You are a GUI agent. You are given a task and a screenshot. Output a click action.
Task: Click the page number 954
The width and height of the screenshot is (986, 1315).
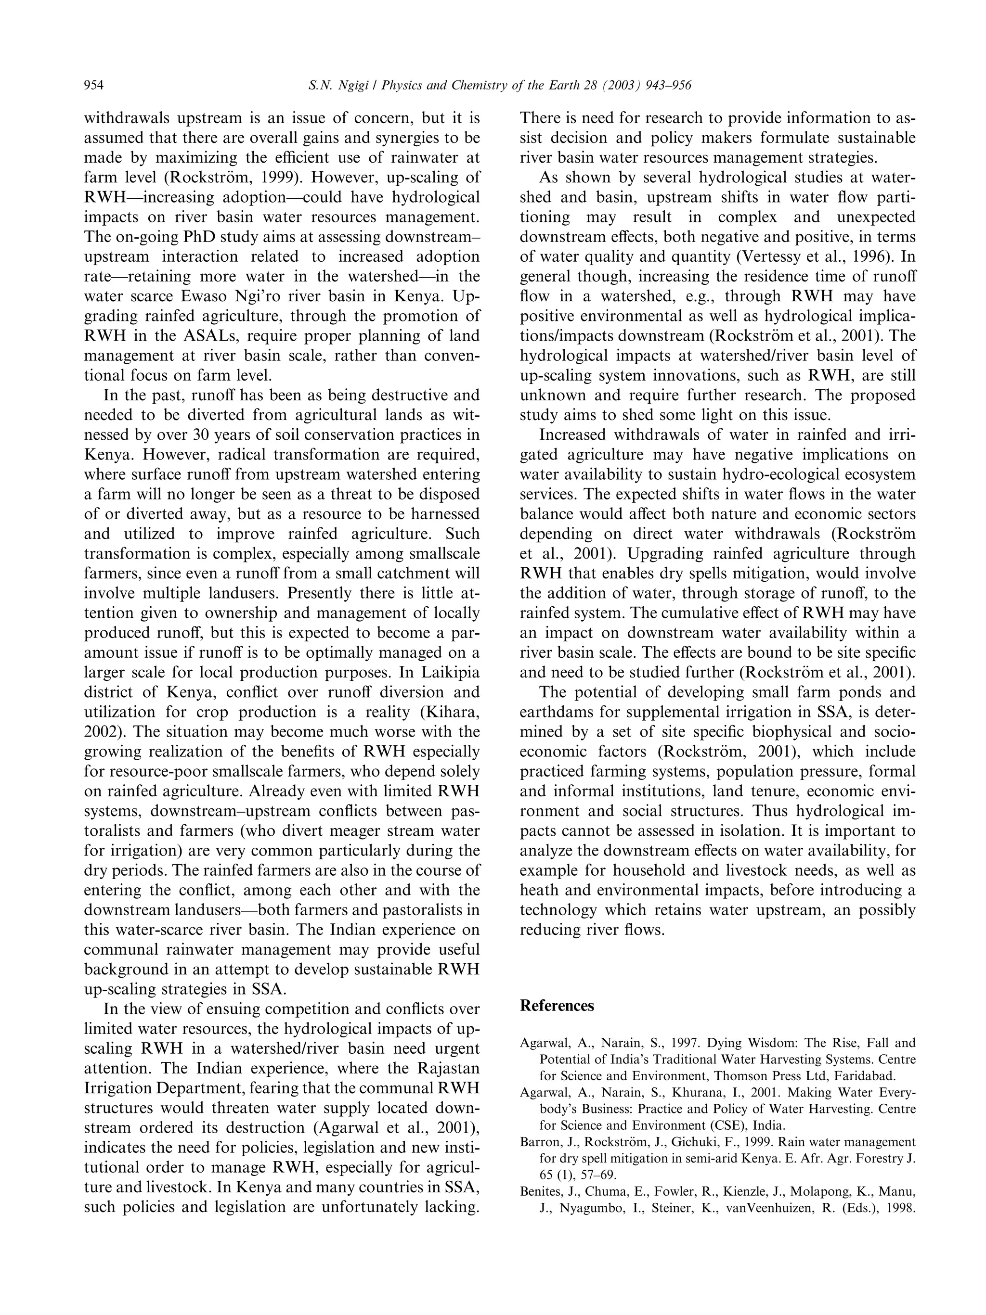(94, 86)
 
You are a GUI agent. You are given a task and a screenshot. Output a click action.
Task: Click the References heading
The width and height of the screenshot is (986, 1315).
(557, 1005)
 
